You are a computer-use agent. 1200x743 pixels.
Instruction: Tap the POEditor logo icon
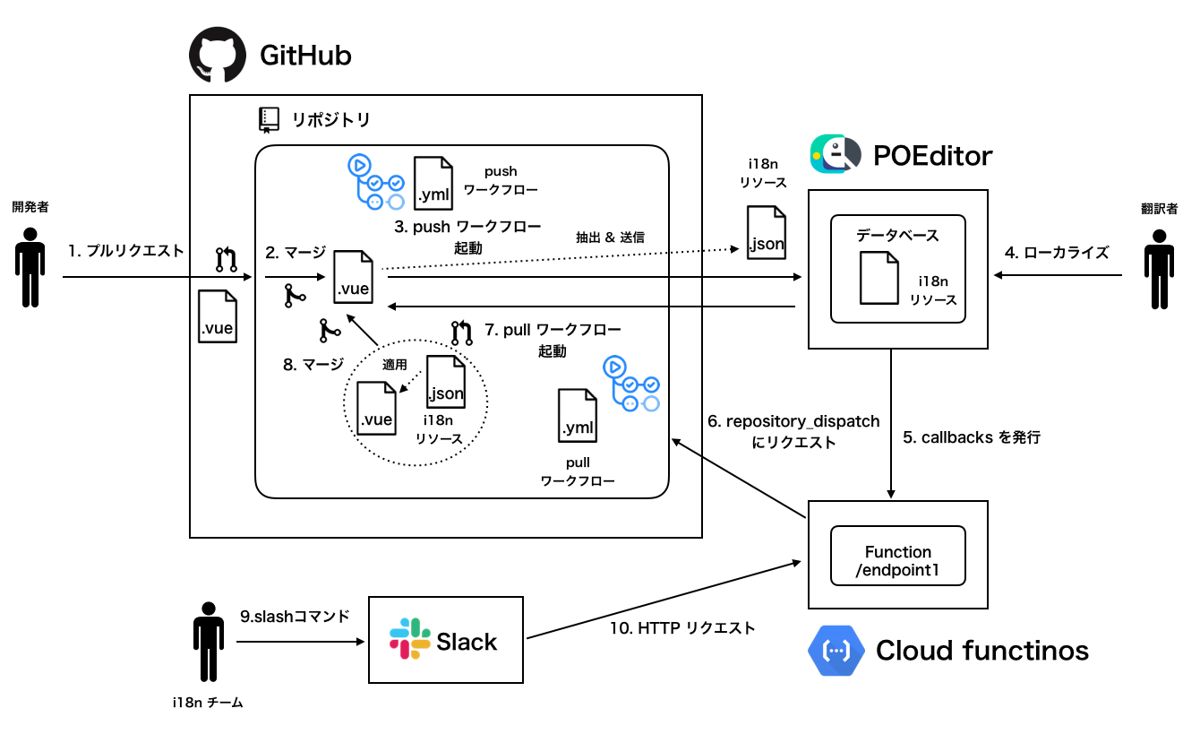click(833, 154)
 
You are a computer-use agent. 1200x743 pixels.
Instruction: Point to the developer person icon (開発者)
click(30, 268)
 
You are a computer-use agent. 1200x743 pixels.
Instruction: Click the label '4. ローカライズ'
click(1057, 253)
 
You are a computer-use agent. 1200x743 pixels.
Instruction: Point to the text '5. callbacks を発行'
click(972, 439)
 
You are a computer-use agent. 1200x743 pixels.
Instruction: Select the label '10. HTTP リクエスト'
click(682, 628)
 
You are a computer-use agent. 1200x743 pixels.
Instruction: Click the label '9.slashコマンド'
click(294, 617)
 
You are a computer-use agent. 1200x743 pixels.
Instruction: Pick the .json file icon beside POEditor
click(767, 231)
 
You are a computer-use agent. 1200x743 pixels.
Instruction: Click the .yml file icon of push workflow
click(433, 182)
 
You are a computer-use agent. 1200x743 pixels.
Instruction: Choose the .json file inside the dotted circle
click(445, 381)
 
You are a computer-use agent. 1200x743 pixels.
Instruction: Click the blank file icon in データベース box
click(879, 277)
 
